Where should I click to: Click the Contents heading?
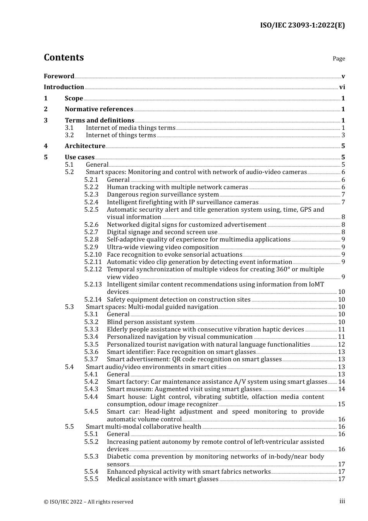pos(64,57)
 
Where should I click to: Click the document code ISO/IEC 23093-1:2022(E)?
pos(302,25)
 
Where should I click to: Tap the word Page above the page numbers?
pos(339,59)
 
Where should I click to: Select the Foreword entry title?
pos(59,76)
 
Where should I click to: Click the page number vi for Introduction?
pos(342,87)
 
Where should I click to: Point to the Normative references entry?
pos(99,109)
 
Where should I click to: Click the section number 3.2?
pos(69,135)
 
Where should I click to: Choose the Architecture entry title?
pos(85,146)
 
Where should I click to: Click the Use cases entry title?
pos(79,157)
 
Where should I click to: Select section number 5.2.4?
pos(91,202)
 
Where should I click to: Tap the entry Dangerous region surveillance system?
pos(163,195)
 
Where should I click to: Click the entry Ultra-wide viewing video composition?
pos(163,247)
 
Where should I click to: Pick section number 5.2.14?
pos(93,300)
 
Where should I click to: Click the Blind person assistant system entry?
pos(151,322)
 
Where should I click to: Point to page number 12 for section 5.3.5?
pos(341,345)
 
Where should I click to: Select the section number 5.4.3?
pos(91,389)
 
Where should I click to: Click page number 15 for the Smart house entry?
pos(341,404)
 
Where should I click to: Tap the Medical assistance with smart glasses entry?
pos(163,479)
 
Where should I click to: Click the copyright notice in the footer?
pos(88,502)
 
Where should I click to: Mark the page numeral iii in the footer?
pos(342,501)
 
